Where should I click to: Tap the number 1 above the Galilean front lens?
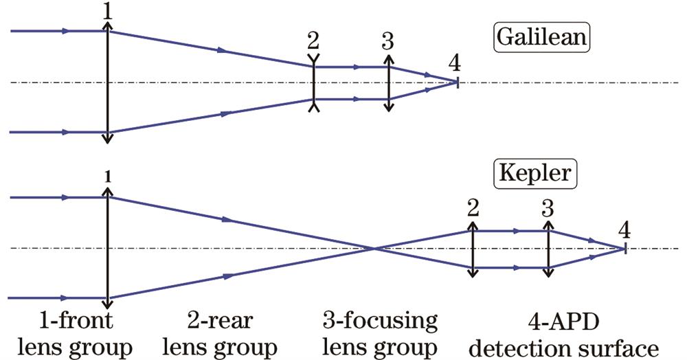click(x=105, y=10)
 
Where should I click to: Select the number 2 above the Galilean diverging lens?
click(x=313, y=41)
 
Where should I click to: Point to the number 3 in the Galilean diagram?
click(x=388, y=41)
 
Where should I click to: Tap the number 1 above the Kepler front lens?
click(x=106, y=177)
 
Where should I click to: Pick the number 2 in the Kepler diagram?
click(x=472, y=207)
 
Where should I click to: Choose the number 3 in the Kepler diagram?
click(x=547, y=207)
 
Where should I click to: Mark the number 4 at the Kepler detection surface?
click(x=624, y=229)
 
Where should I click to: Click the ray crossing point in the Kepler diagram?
click(x=373, y=248)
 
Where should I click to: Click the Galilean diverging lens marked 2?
click(x=313, y=83)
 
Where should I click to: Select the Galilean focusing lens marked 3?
click(x=389, y=83)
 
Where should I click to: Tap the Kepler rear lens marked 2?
click(x=472, y=249)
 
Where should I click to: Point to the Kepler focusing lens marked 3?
click(x=548, y=249)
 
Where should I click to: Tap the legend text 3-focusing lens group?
click(x=379, y=333)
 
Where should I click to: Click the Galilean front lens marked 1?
click(x=106, y=82)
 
